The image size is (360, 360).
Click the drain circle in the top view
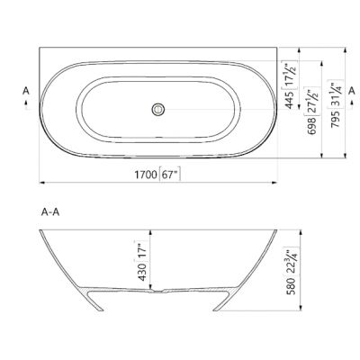[x=159, y=109]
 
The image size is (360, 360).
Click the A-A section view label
[x=51, y=212]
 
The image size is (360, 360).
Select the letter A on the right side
[x=352, y=91]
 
